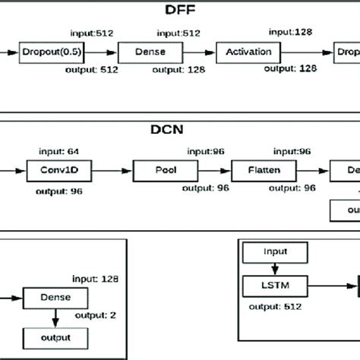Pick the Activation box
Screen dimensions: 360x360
click(248, 52)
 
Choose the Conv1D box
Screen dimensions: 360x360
click(59, 169)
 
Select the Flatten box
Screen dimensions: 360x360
click(257, 169)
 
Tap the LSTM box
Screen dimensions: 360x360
click(274, 287)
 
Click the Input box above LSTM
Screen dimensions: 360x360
click(274, 251)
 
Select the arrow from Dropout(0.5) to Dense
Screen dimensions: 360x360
click(107, 52)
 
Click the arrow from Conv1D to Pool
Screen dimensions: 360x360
click(112, 169)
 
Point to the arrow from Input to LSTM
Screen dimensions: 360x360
click(274, 269)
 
